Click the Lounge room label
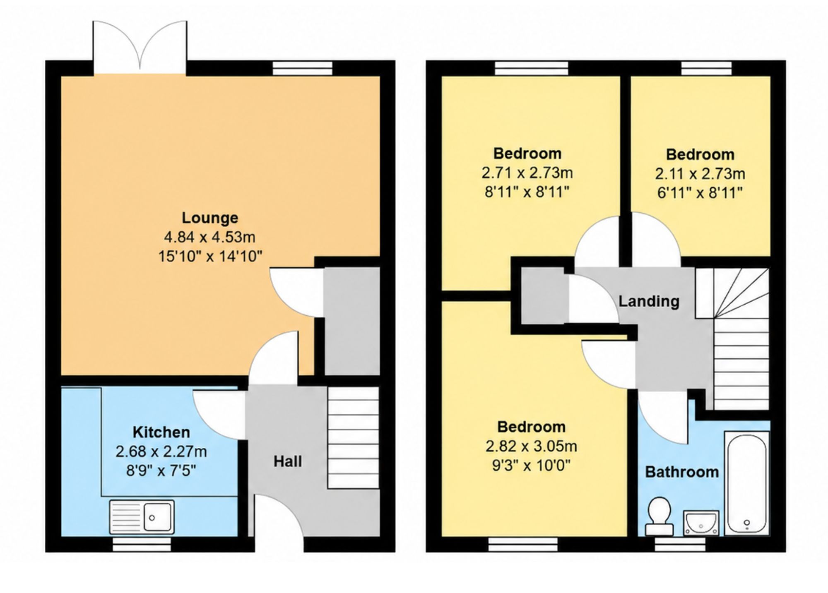pyautogui.click(x=210, y=218)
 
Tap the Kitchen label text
pyautogui.click(x=161, y=432)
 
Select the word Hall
pyautogui.click(x=288, y=461)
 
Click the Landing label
pyautogui.click(x=649, y=301)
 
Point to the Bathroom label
pyautogui.click(x=682, y=472)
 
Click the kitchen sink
pyautogui.click(x=142, y=517)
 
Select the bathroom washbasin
pyautogui.click(x=701, y=523)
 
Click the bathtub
pyautogui.click(x=747, y=483)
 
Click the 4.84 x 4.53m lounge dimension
pyautogui.click(x=210, y=237)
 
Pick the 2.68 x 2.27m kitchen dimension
pyautogui.click(x=161, y=451)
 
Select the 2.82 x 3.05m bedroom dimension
pyautogui.click(x=531, y=446)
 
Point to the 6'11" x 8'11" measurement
pyautogui.click(x=700, y=193)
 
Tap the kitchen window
pyautogui.click(x=142, y=544)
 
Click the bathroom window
pyautogui.click(x=680, y=544)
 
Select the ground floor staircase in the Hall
pyautogui.click(x=354, y=437)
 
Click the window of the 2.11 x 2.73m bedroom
pyautogui.click(x=706, y=68)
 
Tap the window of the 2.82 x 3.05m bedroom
pyautogui.click(x=523, y=544)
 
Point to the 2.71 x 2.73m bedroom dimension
pyautogui.click(x=527, y=173)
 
